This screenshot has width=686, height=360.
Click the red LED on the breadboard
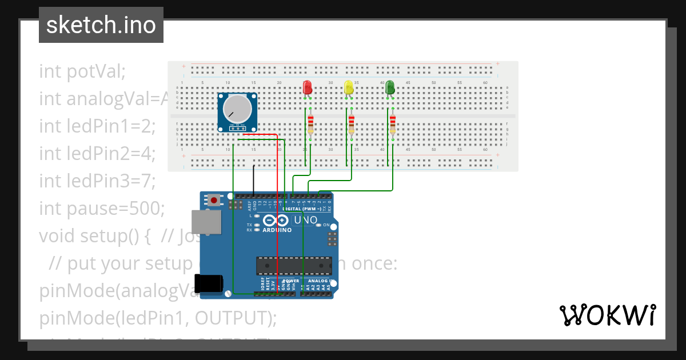(307, 87)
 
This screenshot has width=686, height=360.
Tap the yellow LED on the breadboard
(349, 87)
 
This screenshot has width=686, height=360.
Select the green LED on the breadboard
(390, 87)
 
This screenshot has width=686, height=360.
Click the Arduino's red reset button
(214, 200)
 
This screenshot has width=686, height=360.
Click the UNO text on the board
(306, 220)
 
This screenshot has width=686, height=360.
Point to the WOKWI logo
(607, 315)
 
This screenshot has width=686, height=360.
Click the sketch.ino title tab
(101, 25)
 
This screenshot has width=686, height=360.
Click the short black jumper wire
(254, 180)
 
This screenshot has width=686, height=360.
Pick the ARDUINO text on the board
(277, 230)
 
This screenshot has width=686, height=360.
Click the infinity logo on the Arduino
(277, 221)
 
